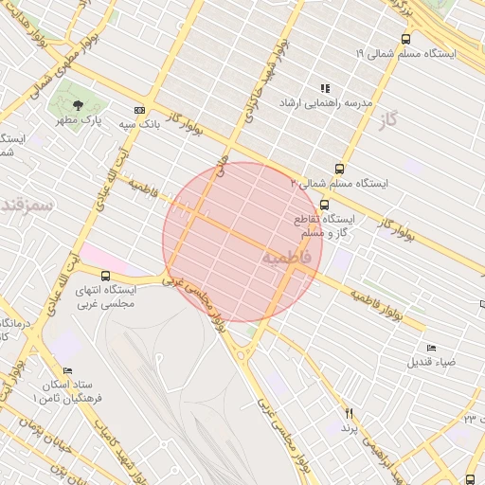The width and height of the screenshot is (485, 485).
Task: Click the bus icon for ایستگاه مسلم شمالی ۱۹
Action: pos(406,40)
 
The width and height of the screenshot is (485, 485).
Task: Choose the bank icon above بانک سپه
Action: pos(140,110)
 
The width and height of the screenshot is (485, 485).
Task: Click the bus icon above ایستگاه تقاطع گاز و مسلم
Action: pos(325,204)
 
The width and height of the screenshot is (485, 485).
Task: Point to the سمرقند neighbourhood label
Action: pos(26,204)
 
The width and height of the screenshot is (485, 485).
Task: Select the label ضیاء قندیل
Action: pos(431,363)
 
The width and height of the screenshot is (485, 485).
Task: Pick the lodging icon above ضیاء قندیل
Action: pos(432,349)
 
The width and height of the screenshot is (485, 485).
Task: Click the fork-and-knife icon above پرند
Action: pos(350,414)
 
